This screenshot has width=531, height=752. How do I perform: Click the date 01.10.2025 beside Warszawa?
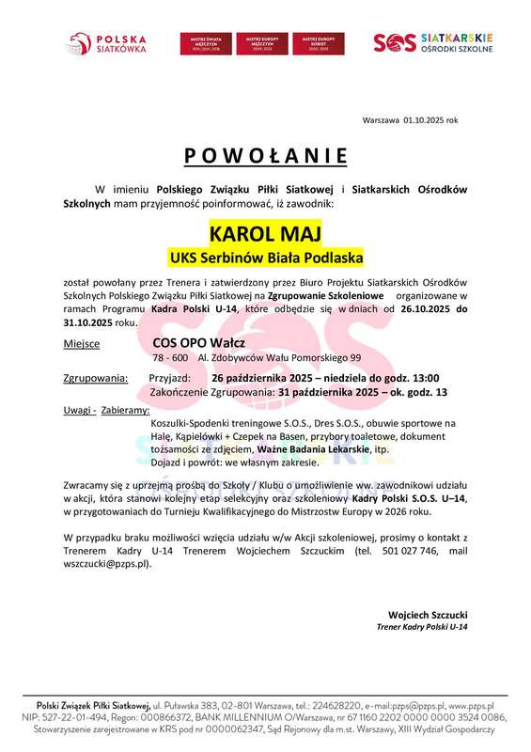427,120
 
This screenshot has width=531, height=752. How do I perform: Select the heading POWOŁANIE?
265,155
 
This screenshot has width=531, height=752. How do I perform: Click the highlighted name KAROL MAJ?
265,232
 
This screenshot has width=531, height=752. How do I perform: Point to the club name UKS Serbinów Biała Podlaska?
265,256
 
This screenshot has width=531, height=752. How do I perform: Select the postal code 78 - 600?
170,358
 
